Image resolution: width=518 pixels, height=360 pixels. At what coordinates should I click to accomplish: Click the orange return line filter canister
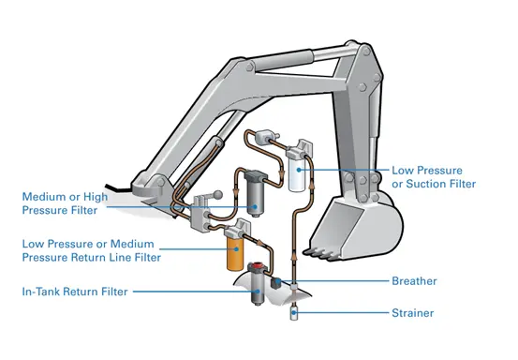(235, 254)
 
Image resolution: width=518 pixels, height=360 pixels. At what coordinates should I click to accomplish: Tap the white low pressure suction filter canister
(298, 173)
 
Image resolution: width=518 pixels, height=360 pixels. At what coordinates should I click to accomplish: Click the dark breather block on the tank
(275, 283)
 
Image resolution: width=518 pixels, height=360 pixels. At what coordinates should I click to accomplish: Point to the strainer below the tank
(293, 313)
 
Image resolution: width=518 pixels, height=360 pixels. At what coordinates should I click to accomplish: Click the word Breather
(414, 281)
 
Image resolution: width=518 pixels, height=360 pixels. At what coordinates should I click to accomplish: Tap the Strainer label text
(412, 313)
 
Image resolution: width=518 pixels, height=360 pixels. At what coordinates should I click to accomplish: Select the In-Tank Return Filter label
(75, 292)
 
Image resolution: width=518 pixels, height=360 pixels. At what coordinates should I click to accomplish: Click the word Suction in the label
(425, 184)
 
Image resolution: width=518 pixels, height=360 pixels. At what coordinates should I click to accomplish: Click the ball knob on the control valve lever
(217, 195)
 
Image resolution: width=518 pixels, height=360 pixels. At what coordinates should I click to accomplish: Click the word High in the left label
(96, 197)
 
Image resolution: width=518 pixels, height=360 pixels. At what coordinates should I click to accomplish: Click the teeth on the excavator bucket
(318, 253)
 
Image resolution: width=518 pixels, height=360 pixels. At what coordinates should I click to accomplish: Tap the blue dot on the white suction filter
(299, 170)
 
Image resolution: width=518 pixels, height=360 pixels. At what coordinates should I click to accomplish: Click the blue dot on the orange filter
(236, 248)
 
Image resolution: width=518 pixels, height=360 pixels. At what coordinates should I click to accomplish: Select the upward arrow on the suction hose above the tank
(293, 256)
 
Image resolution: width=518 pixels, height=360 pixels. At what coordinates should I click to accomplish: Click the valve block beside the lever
(200, 214)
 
